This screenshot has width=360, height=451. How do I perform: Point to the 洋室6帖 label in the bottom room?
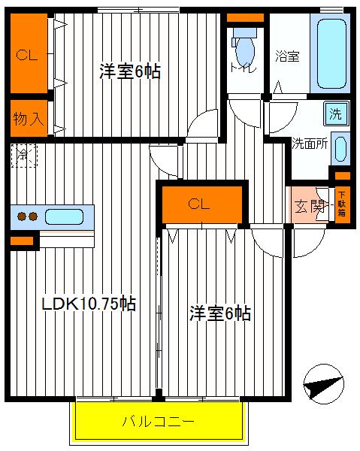pyautogui.click(x=219, y=313)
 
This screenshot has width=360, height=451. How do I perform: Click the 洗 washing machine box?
pyautogui.click(x=335, y=114)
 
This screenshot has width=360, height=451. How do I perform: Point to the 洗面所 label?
pyautogui.click(x=309, y=145)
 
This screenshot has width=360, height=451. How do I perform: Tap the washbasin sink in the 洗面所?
pyautogui.click(x=340, y=148)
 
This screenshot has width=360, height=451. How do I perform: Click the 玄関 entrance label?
pyautogui.click(x=308, y=205)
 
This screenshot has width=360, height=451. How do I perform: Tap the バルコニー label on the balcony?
pyautogui.click(x=159, y=422)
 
